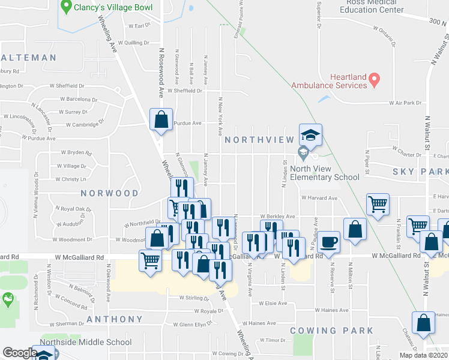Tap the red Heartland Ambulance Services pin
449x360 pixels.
click(x=374, y=79)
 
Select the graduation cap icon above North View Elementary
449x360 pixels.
click(x=311, y=134)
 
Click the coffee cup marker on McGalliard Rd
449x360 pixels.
click(x=328, y=242)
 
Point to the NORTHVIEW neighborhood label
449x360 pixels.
click(x=259, y=140)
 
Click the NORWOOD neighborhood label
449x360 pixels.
click(x=110, y=193)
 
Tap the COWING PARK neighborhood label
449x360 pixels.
click(x=331, y=331)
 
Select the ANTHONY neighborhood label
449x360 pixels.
click(x=115, y=319)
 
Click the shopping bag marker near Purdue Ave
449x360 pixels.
click(x=161, y=119)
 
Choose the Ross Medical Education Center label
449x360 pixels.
click(x=372, y=6)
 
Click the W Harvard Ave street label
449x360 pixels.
click(x=319, y=197)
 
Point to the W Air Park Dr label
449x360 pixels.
click(x=405, y=103)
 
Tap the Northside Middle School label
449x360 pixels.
click(x=85, y=343)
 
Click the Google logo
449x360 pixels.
click(x=19, y=353)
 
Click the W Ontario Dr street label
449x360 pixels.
click(x=385, y=28)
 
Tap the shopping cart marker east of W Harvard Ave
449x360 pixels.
click(x=378, y=204)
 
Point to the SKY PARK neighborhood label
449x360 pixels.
click(x=420, y=172)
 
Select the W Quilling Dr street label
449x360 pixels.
click(x=133, y=43)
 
